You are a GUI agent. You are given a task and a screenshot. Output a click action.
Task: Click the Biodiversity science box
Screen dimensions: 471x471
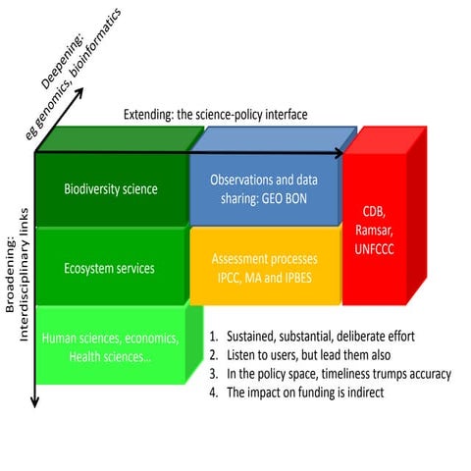[x=110, y=189]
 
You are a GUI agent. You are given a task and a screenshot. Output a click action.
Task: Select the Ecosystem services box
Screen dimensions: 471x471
[x=110, y=267]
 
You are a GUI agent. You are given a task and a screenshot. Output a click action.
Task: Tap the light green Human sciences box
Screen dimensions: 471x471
[x=110, y=346]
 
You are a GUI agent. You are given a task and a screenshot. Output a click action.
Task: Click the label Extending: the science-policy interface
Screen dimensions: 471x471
[x=215, y=115]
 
